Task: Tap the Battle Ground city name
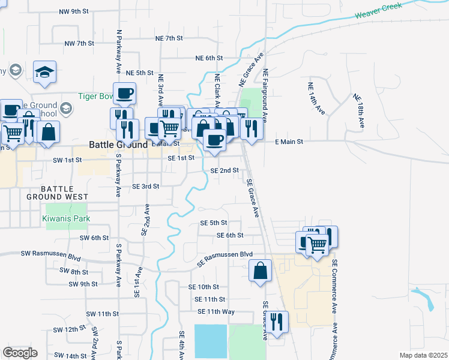tap(118, 145)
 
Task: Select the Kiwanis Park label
tap(66, 219)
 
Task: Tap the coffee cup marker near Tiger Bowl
tap(125, 93)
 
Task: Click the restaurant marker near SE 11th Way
tap(277, 321)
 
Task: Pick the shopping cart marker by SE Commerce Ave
tap(317, 244)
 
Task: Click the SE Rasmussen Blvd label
tap(225, 259)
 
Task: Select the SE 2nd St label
tap(225, 170)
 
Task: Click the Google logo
tap(20, 353)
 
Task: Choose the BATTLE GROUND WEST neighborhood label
tap(57, 193)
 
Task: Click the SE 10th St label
tap(203, 287)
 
